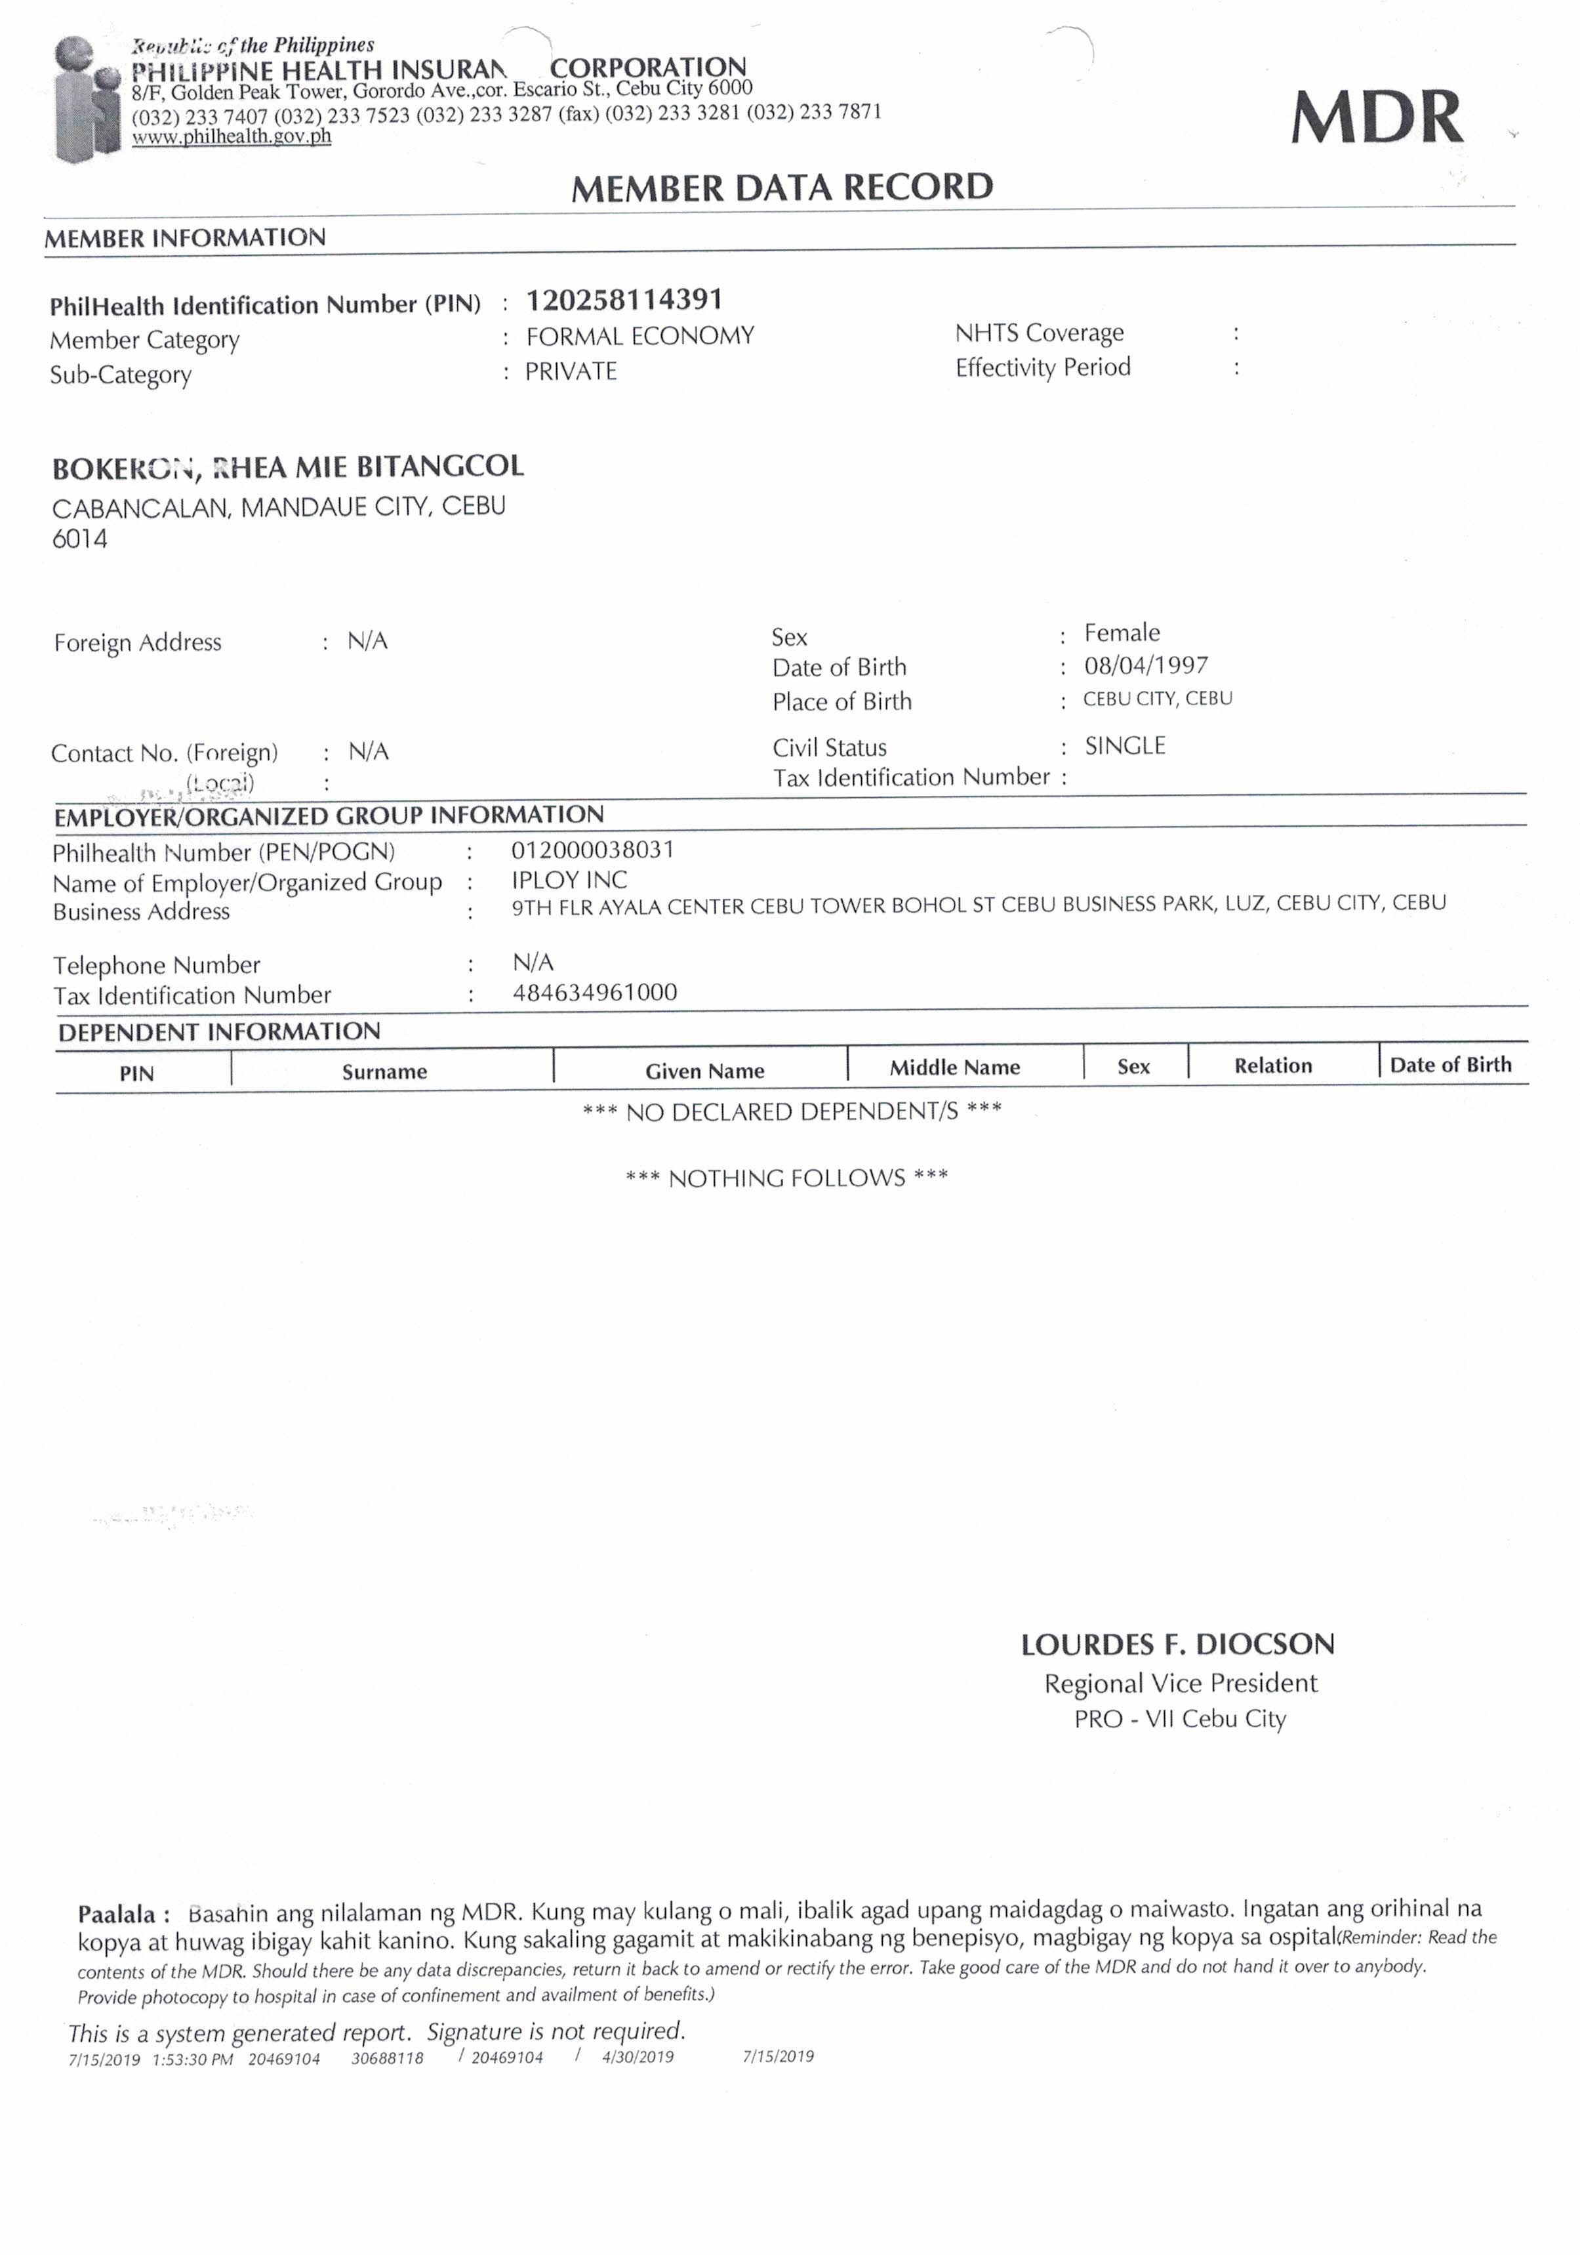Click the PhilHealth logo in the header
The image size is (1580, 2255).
[x=87, y=98]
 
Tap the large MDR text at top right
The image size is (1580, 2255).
[x=1376, y=118]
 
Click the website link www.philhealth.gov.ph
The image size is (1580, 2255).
[x=232, y=136]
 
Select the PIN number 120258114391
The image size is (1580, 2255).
[x=624, y=300]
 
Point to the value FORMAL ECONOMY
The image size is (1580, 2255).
[x=639, y=336]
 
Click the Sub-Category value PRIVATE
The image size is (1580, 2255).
[x=571, y=371]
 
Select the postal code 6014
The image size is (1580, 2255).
[x=79, y=539]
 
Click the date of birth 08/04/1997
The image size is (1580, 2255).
[x=1145, y=666]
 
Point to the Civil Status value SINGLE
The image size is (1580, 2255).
[x=1124, y=747]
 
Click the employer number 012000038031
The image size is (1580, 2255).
[x=592, y=850]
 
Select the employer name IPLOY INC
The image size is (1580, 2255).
[x=569, y=880]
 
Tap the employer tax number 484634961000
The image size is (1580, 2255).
[x=594, y=992]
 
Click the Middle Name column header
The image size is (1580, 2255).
[x=954, y=1067]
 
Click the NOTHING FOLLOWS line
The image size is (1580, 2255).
[x=786, y=1178]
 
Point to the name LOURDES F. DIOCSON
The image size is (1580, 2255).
[x=1177, y=1644]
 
